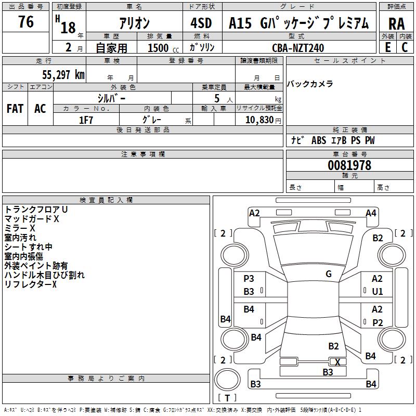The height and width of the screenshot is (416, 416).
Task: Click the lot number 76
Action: click(25, 22)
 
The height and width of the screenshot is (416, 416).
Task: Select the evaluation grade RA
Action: click(396, 23)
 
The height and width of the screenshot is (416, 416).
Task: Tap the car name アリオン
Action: click(134, 23)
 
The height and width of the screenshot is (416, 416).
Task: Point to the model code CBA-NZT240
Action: click(298, 48)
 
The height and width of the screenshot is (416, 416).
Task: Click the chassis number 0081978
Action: click(349, 165)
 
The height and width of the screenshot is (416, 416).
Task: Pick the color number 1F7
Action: click(86, 120)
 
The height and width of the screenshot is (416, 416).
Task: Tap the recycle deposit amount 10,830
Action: click(256, 120)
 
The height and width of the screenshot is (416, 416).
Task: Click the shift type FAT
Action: click(15, 109)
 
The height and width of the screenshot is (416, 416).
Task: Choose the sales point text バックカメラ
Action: click(310, 84)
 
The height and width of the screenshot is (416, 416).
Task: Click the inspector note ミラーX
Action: click(20, 228)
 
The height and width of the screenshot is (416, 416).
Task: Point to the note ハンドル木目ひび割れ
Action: click(44, 275)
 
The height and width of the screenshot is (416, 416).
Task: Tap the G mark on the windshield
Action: click(329, 274)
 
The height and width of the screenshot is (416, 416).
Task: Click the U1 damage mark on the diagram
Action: click(378, 292)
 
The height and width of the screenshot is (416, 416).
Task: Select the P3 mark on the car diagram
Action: click(249, 279)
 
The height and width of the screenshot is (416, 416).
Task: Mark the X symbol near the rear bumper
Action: click(337, 362)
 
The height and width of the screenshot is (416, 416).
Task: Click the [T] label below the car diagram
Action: click(227, 398)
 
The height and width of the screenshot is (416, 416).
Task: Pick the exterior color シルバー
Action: click(111, 98)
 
